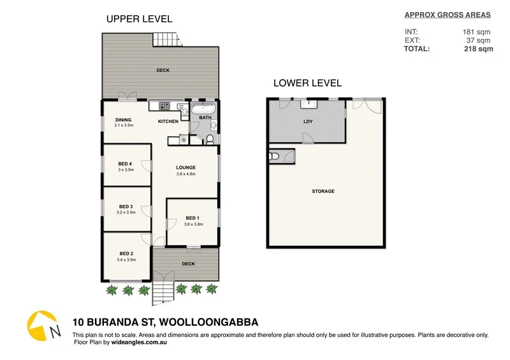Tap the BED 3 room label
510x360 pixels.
126,206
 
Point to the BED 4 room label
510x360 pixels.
126,163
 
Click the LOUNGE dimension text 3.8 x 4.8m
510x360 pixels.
186,174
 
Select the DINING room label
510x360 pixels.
123,120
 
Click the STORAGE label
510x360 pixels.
323,191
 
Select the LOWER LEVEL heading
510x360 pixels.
307,83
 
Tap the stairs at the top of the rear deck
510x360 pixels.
163,40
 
